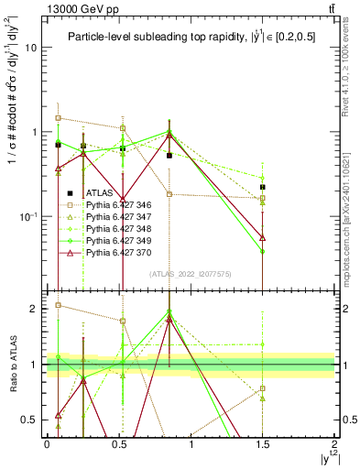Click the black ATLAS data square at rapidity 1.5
[x=263, y=187]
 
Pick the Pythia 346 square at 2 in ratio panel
[x=59, y=305]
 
